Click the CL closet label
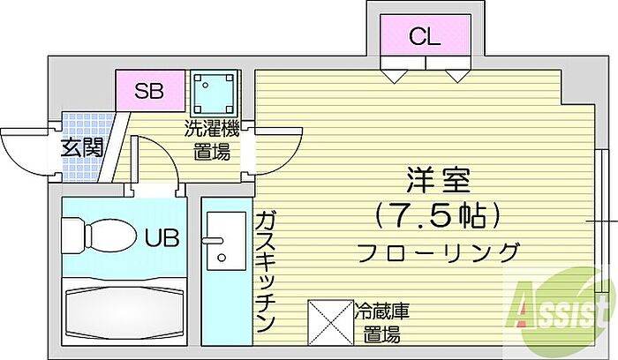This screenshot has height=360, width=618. click(425, 37)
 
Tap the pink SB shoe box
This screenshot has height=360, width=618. click(150, 91)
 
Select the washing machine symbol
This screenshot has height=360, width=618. click(215, 92)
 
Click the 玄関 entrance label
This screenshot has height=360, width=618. click(82, 148)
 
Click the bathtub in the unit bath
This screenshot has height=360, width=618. click(124, 311)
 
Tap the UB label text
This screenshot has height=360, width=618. click(162, 238)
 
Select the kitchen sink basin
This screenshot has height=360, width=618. click(226, 241)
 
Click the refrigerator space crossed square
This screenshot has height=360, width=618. click(331, 322)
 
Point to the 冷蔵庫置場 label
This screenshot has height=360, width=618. click(381, 323)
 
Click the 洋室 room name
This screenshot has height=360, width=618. click(438, 180)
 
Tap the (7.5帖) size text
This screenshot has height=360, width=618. click(438, 216)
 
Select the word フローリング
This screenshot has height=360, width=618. click(438, 252)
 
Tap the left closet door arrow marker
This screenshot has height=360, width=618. click(395, 76)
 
